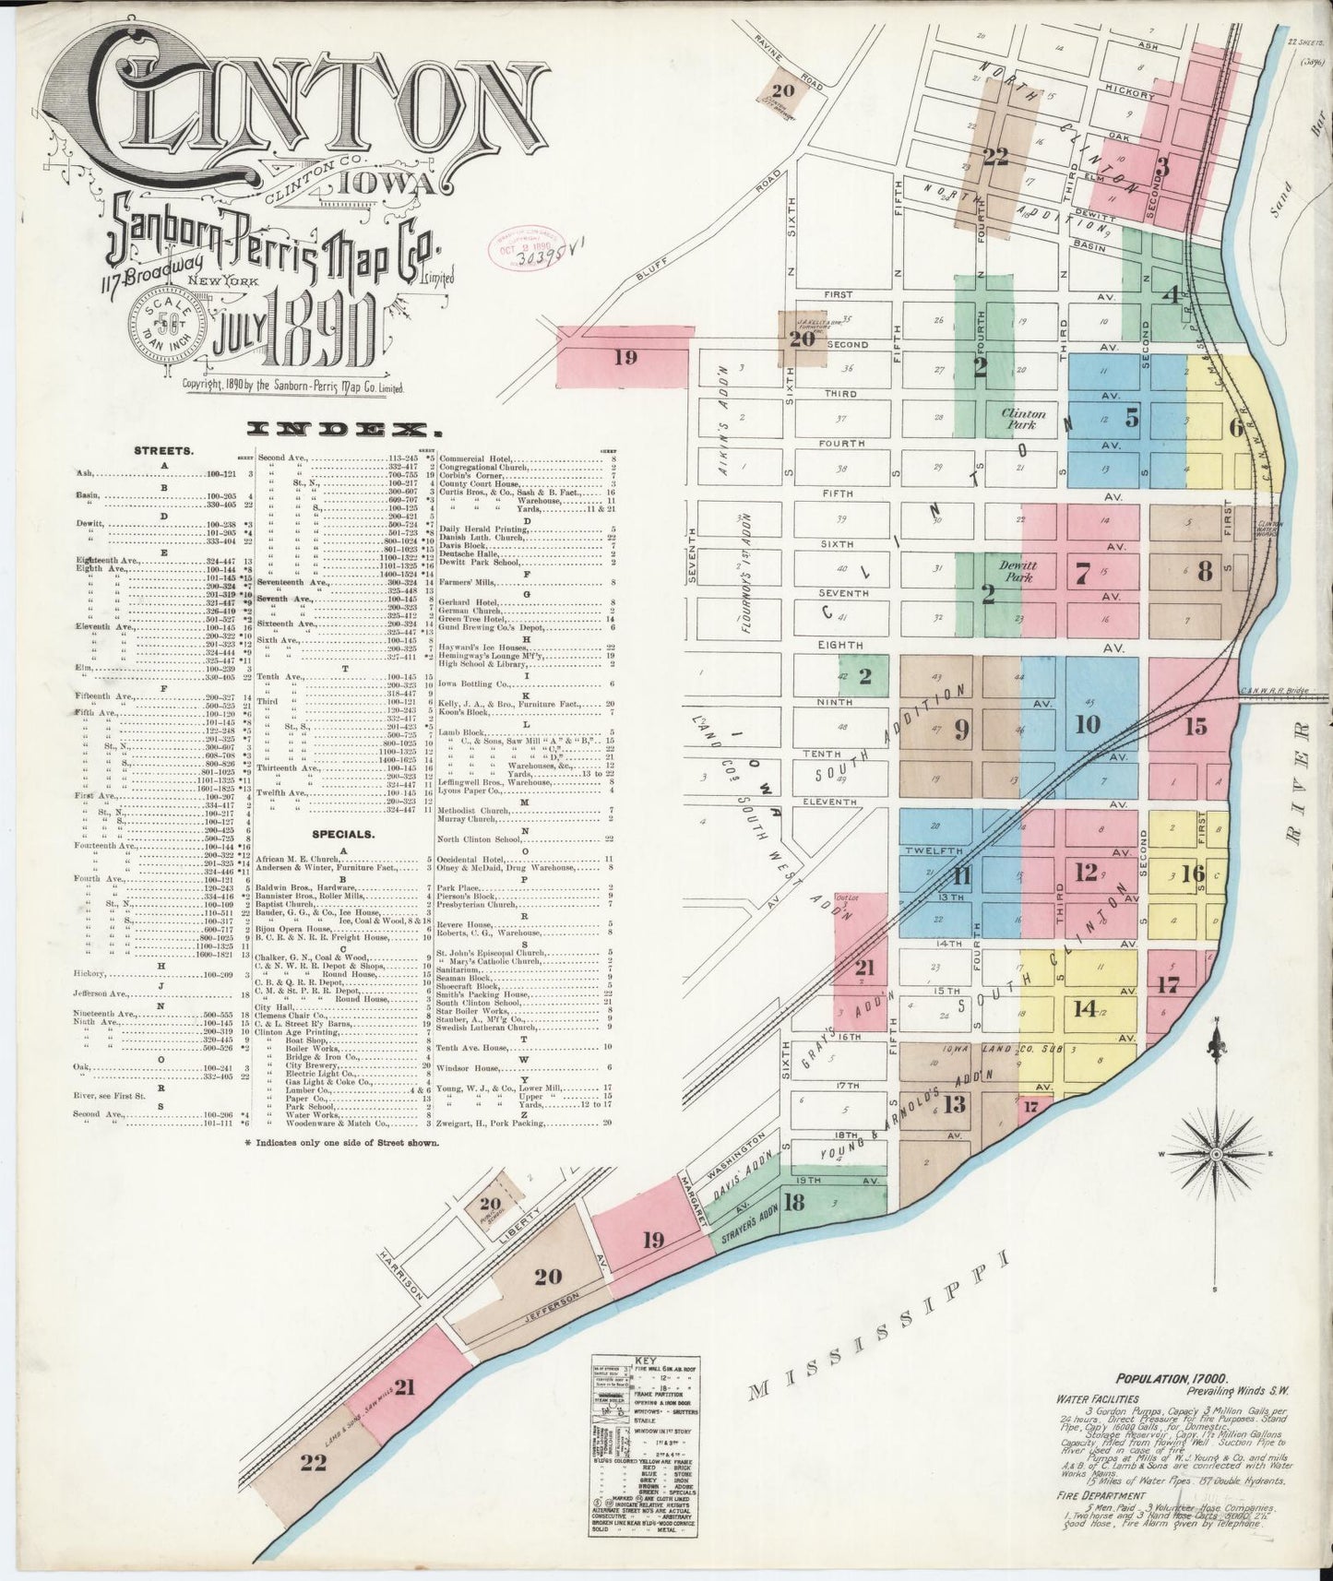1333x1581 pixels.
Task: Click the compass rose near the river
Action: (1218, 1153)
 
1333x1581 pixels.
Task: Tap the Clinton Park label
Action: (1022, 420)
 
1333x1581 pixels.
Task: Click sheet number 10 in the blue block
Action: (1089, 724)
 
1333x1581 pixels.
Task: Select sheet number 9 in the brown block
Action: (961, 730)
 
